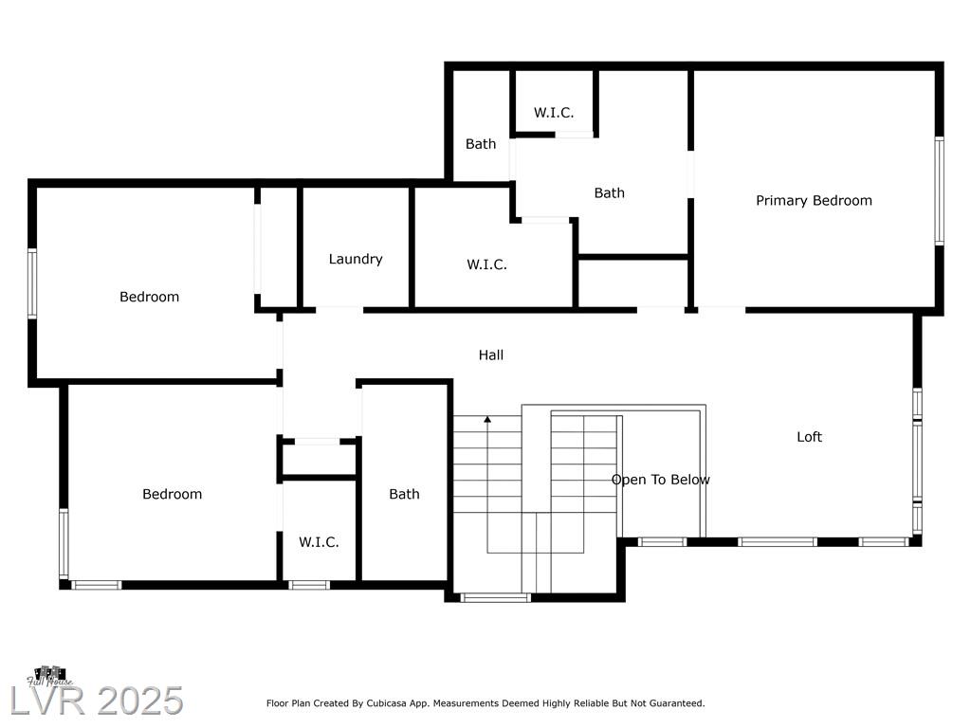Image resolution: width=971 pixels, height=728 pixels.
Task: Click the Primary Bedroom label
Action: point(814,201)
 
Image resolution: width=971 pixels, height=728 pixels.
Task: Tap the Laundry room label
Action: point(356,259)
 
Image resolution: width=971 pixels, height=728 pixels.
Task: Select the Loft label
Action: point(810,437)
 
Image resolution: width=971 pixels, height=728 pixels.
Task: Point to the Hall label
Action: point(491,355)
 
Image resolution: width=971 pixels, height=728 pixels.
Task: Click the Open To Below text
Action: point(661,480)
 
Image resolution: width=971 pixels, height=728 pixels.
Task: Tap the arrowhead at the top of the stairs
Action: point(488,420)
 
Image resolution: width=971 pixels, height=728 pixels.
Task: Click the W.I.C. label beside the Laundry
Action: point(486,265)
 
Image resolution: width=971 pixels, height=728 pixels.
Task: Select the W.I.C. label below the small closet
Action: point(319,542)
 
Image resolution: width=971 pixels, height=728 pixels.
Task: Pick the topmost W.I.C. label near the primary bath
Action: point(554,113)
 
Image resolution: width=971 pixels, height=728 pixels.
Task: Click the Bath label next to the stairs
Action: point(404,494)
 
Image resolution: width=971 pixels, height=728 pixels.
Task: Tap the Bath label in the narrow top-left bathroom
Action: point(481,144)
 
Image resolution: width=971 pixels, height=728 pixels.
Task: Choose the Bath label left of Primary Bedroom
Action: point(610,193)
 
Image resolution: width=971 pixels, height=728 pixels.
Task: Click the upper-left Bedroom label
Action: point(149,297)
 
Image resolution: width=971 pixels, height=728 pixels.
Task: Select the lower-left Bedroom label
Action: point(173,494)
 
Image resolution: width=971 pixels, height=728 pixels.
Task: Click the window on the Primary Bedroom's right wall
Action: point(939,191)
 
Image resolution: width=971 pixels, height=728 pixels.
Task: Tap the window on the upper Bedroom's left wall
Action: point(32,283)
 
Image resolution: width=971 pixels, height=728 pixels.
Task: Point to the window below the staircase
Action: point(495,597)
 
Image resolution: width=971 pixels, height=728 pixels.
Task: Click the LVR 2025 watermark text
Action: point(97,701)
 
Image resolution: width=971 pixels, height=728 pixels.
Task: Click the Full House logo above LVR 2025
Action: point(49,676)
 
